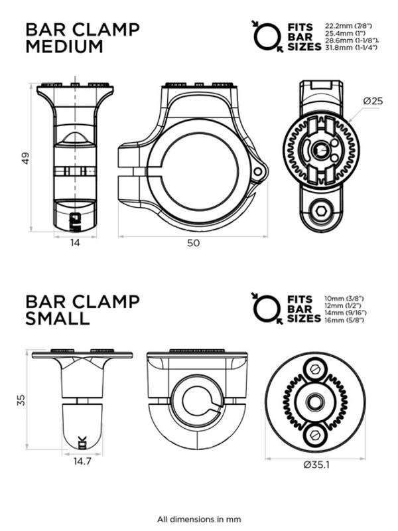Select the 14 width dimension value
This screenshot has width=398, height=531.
coord(74,243)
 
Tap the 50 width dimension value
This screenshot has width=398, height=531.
coord(192,243)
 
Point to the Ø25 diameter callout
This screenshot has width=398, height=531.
coord(374,101)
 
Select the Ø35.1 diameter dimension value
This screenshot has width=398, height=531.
coord(316,465)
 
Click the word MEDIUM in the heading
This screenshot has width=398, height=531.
coord(64,46)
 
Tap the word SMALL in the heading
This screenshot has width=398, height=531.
coord(57,319)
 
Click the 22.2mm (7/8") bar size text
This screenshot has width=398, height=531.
coord(345,25)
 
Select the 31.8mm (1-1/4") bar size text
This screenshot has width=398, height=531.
coord(348,48)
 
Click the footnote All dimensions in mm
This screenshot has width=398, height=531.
coord(199,519)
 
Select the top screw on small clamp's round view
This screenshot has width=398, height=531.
coord(315,369)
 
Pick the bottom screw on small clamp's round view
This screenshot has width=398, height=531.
coord(315,433)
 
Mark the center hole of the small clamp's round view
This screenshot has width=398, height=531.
coord(315,401)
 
